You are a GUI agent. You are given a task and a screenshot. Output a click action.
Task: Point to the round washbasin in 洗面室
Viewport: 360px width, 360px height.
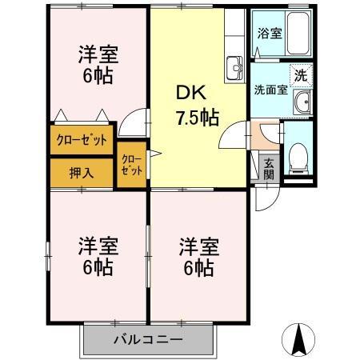[302, 102]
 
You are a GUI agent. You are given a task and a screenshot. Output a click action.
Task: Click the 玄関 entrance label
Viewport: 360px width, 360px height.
[269, 169]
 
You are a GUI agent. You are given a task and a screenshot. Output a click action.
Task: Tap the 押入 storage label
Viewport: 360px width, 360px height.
[81, 171]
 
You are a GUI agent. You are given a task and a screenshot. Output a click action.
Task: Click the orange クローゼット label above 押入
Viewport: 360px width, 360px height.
[81, 141]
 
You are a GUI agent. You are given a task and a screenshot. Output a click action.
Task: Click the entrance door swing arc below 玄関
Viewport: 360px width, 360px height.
[266, 198]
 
